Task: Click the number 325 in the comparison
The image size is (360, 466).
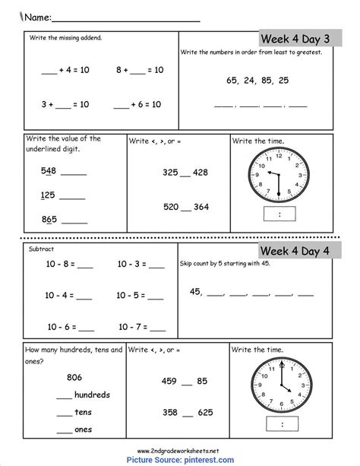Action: tap(172, 173)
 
